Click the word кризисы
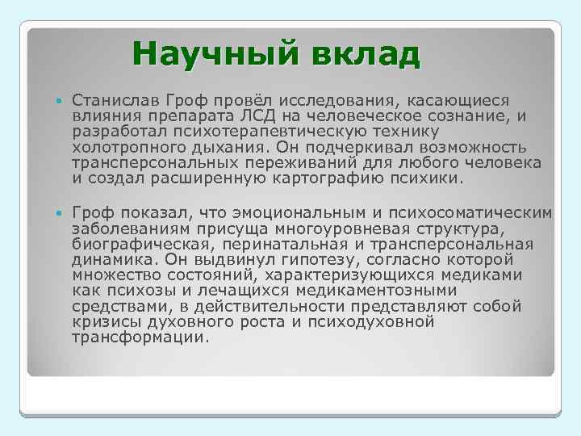point(100,323)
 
